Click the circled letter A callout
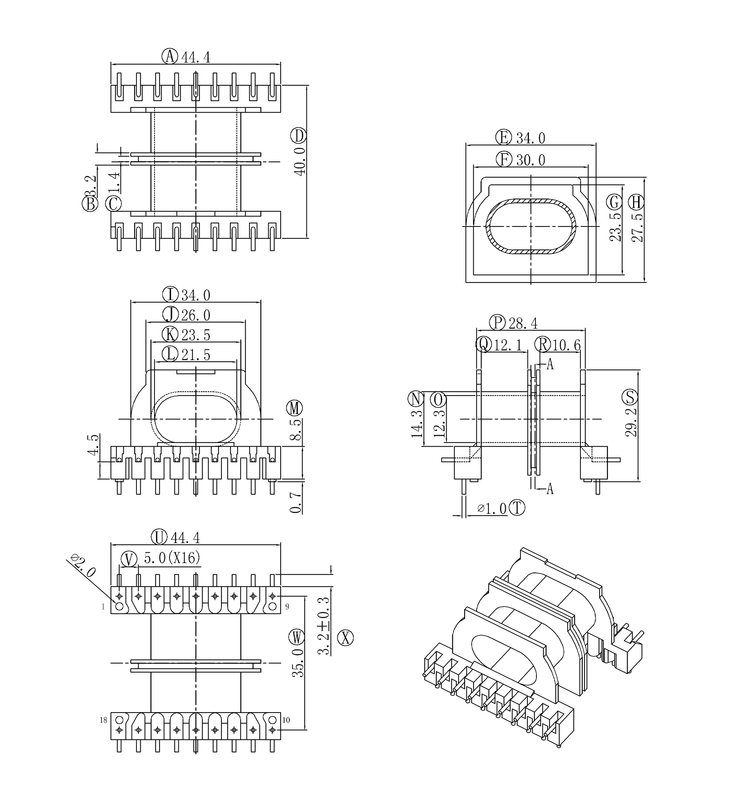tap(170, 57)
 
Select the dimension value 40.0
tap(300, 161)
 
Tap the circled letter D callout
tap(299, 136)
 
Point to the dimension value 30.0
tap(530, 160)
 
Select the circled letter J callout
tap(170, 315)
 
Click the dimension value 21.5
tap(196, 354)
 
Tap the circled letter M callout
tap(295, 408)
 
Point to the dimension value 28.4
tap(523, 322)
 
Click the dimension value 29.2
tap(630, 422)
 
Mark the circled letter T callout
tap(517, 508)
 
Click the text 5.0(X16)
tap(172, 558)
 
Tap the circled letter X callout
tap(346, 637)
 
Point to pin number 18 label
tap(103, 720)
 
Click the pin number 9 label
tap(287, 607)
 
